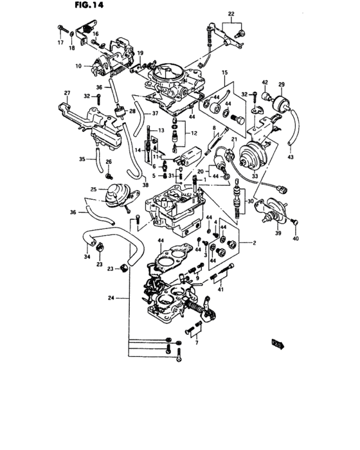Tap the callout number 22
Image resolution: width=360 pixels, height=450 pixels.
tap(231, 14)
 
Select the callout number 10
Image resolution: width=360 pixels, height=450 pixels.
tap(78, 66)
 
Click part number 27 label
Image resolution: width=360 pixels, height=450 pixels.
tap(66, 94)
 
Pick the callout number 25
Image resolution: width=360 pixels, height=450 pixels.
tap(94, 190)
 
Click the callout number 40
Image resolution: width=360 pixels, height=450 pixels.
tap(296, 239)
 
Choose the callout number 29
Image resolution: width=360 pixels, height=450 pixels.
tap(281, 85)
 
